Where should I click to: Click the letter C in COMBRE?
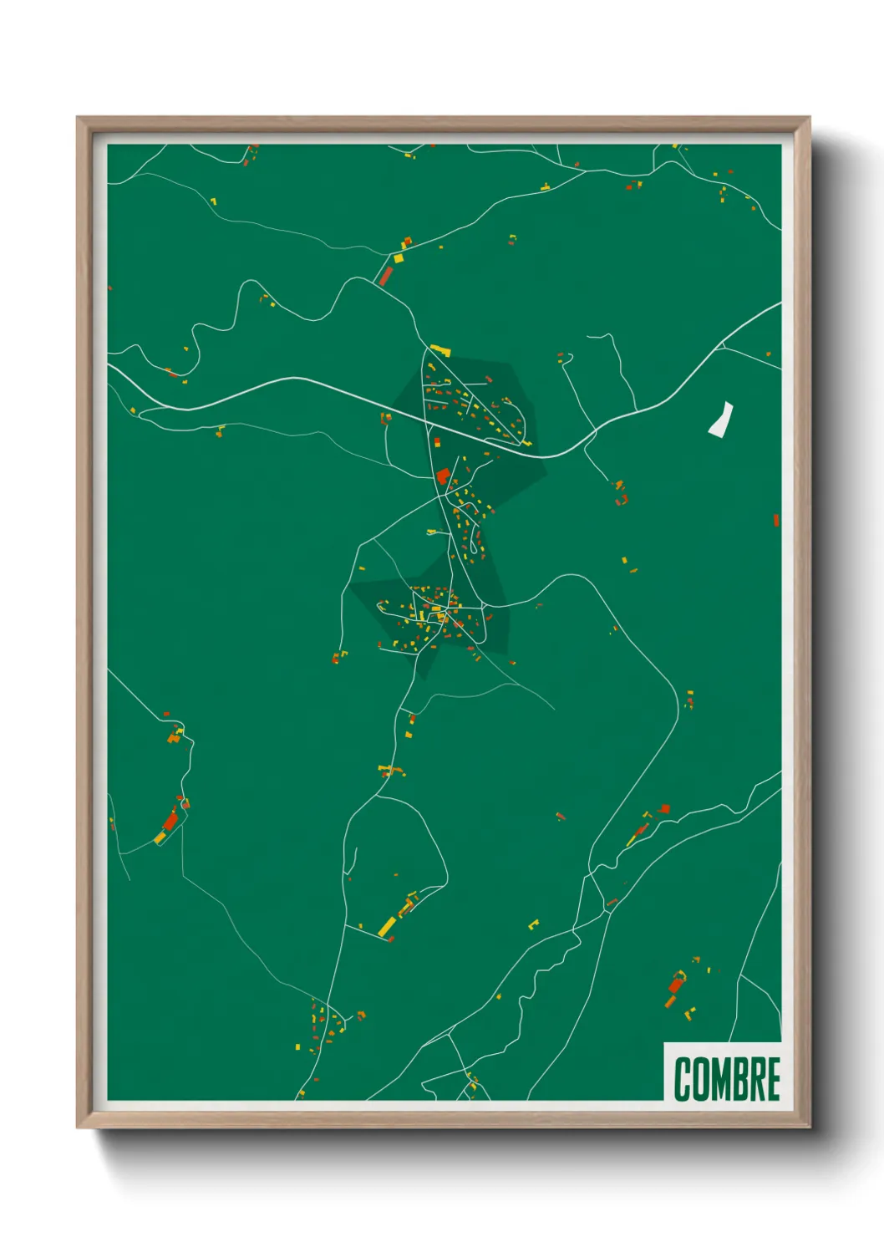coord(682,1079)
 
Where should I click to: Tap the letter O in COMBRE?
coord(700,1079)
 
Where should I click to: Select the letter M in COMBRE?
coord(720,1079)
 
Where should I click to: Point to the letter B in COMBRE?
coord(739,1079)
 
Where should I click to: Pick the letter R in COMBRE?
coord(756,1079)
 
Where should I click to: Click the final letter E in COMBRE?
coord(773,1079)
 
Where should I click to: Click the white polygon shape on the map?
coord(721,419)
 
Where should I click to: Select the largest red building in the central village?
coord(442,476)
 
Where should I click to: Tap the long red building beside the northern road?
coord(385,276)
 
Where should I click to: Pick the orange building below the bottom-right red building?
coord(670,1000)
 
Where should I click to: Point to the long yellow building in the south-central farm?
coord(387,925)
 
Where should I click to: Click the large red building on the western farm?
coord(171,821)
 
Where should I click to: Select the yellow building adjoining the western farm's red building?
coord(160,837)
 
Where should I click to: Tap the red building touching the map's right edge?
coord(776,520)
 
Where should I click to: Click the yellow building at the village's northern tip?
coord(439,350)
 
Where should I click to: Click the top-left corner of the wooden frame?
coord(79,119)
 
